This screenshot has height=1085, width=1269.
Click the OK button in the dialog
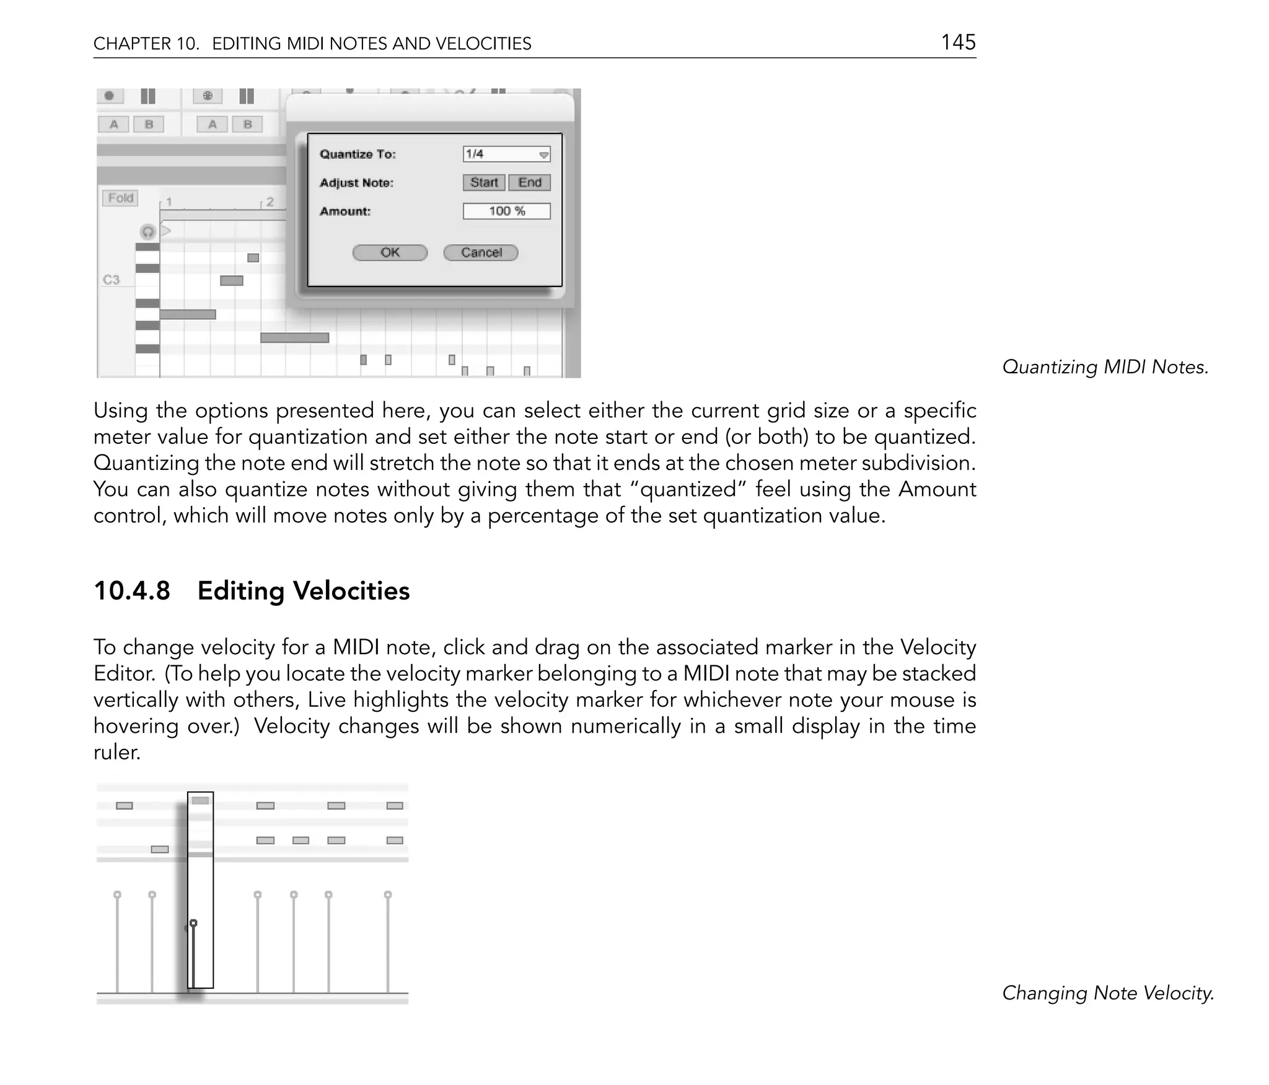(x=390, y=252)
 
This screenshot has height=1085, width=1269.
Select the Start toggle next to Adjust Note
(x=483, y=182)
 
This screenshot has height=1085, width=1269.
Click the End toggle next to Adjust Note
(x=530, y=182)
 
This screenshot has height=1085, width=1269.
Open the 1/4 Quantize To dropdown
(x=506, y=154)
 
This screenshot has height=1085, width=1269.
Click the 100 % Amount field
(x=506, y=211)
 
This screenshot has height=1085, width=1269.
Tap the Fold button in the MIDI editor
(x=120, y=198)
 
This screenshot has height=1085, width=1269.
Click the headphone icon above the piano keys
(x=147, y=232)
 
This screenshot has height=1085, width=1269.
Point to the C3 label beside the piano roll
(x=111, y=280)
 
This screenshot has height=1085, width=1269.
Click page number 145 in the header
(x=958, y=42)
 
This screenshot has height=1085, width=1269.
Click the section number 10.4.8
(x=131, y=591)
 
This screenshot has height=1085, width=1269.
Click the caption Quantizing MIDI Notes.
(x=1105, y=367)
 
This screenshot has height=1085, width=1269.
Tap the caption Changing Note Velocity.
(x=1107, y=993)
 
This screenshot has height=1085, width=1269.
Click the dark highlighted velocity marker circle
(x=193, y=923)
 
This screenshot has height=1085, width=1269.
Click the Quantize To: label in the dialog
(x=358, y=154)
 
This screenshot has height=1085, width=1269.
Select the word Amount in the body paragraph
(x=937, y=489)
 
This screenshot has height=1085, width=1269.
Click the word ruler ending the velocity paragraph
(x=116, y=752)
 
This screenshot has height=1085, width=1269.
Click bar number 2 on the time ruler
(x=270, y=202)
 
